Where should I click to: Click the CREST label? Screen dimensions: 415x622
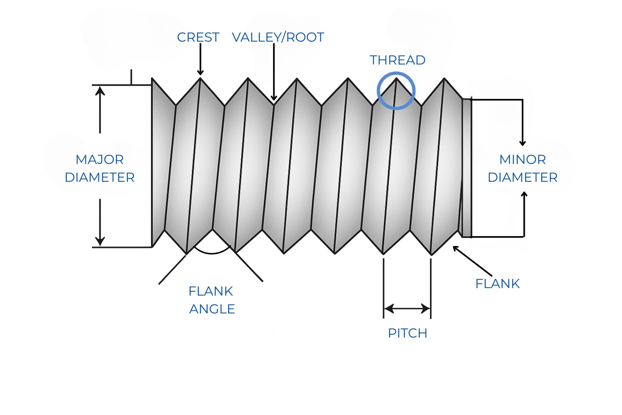(198, 37)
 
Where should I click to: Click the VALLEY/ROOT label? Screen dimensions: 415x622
(278, 37)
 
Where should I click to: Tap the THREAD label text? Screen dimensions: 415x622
(397, 60)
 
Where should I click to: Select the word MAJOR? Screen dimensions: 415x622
(100, 160)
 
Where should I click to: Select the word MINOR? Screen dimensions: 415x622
(522, 160)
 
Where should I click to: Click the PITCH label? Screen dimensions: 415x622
(408, 333)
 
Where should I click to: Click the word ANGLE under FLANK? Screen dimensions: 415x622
(212, 309)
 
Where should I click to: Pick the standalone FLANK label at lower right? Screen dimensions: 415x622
(497, 284)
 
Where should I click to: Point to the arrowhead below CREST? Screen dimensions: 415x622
(200, 72)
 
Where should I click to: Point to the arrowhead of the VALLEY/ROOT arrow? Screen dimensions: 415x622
(274, 98)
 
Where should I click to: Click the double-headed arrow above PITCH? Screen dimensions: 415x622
(407, 309)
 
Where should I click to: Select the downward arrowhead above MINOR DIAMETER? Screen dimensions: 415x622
(522, 143)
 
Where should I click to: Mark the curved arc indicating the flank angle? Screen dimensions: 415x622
(212, 253)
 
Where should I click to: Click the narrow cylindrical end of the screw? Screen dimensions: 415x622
(466, 167)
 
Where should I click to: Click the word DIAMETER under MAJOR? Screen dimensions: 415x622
(100, 178)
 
